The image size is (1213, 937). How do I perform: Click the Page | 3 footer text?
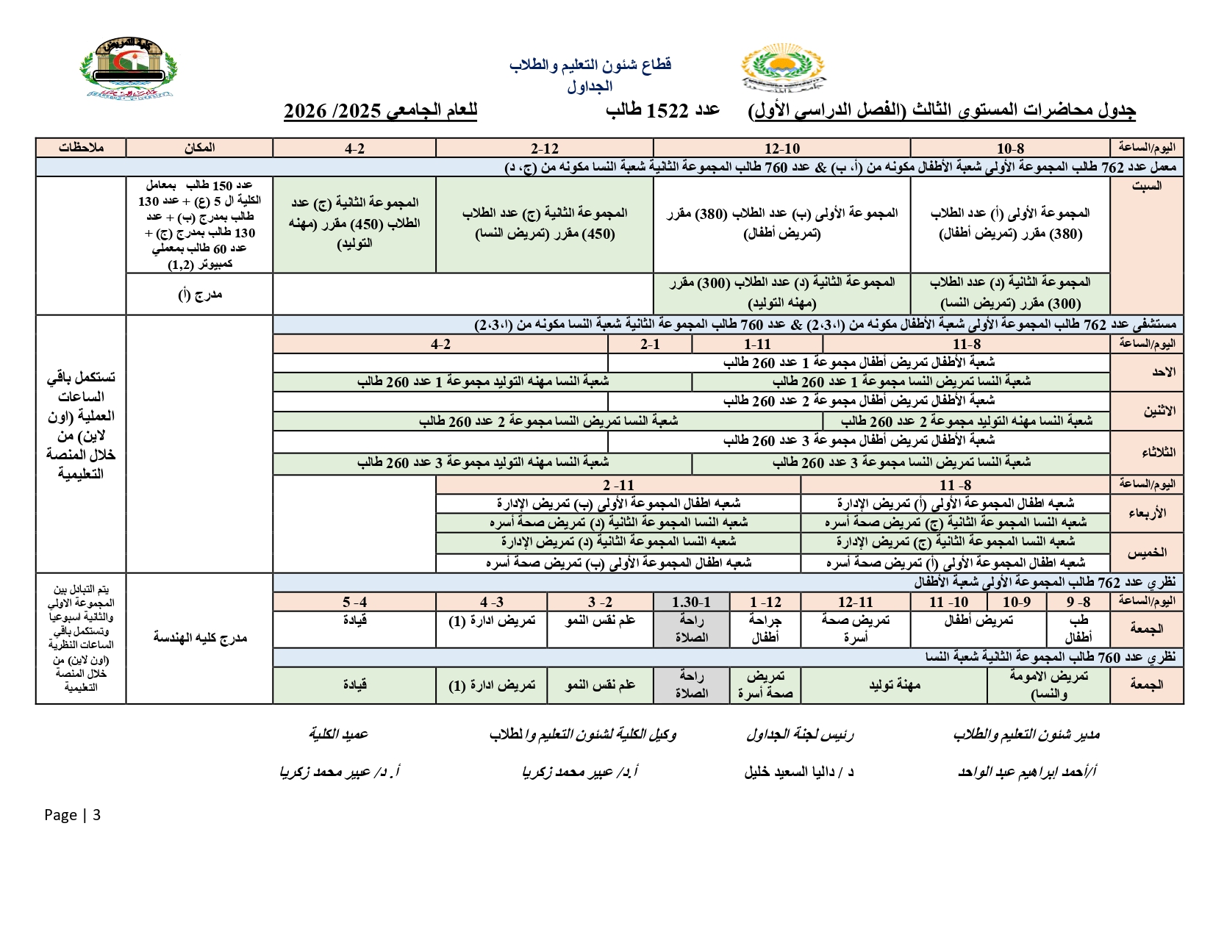pyautogui.click(x=72, y=814)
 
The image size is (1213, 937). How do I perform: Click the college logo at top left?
pyautogui.click(x=129, y=68)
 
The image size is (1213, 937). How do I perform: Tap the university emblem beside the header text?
pyautogui.click(x=781, y=69)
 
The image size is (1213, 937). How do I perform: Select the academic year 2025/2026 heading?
pyautogui.click(x=380, y=111)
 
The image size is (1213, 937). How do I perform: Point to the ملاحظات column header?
pyautogui.click(x=81, y=148)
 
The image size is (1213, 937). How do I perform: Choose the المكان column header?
pyautogui.click(x=199, y=148)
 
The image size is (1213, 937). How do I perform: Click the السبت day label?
pyautogui.click(x=1146, y=186)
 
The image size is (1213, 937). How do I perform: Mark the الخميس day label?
pyautogui.click(x=1147, y=552)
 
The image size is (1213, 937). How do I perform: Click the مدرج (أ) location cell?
pyautogui.click(x=199, y=294)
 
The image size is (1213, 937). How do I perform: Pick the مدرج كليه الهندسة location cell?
pyautogui.click(x=199, y=637)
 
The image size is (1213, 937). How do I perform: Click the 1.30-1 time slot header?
pyautogui.click(x=691, y=602)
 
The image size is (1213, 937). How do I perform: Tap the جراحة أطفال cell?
pyautogui.click(x=765, y=628)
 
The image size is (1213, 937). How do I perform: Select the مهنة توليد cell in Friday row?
pyautogui.click(x=894, y=685)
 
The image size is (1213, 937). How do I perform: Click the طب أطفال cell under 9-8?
pyautogui.click(x=1078, y=628)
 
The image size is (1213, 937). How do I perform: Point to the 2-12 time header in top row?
pyautogui.click(x=544, y=148)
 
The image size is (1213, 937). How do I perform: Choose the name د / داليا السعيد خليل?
pyautogui.click(x=798, y=772)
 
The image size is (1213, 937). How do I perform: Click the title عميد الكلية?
pyautogui.click(x=338, y=733)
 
